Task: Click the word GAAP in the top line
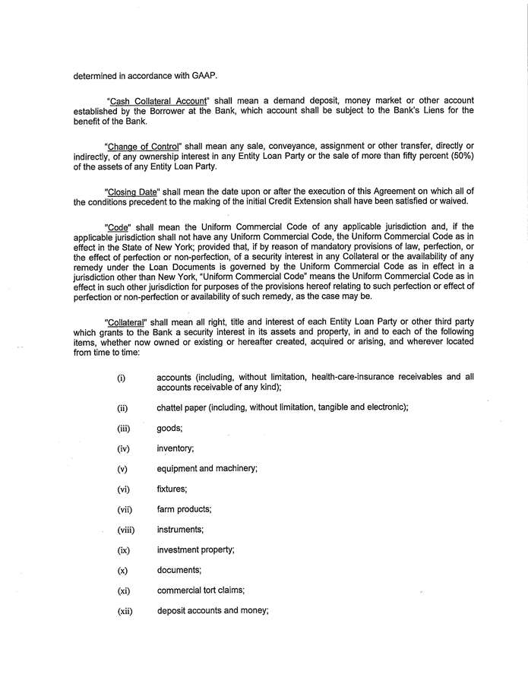[x=193, y=76]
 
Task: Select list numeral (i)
[x=121, y=377]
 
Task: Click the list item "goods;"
[x=169, y=428]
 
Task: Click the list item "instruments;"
[x=180, y=529]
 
